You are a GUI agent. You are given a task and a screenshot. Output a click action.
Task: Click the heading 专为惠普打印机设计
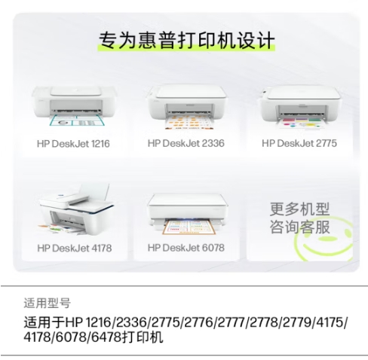pyautogui.click(x=186, y=40)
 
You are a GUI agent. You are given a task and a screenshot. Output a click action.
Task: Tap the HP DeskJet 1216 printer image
pyautogui.click(x=74, y=105)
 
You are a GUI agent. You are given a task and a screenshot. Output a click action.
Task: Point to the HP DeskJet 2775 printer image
pyautogui.click(x=300, y=108)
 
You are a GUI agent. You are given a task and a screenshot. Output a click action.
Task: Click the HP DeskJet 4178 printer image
pyautogui.click(x=75, y=209)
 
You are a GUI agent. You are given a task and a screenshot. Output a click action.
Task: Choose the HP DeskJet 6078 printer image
pyautogui.click(x=187, y=213)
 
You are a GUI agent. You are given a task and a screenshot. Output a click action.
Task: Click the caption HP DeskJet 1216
pyautogui.click(x=73, y=144)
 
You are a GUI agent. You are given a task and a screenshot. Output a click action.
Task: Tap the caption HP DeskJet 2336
pyautogui.click(x=186, y=143)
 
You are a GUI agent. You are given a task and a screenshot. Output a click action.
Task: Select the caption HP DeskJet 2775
pyautogui.click(x=299, y=143)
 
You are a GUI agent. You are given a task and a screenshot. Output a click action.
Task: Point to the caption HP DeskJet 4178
pyautogui.click(x=75, y=249)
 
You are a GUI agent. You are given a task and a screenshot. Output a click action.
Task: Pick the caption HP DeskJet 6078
pyautogui.click(x=186, y=248)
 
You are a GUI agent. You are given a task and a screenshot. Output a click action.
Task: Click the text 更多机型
pyautogui.click(x=299, y=209)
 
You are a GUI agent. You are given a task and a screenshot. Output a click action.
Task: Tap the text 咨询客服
pyautogui.click(x=299, y=227)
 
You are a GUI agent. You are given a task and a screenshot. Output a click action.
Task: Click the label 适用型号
pyautogui.click(x=47, y=303)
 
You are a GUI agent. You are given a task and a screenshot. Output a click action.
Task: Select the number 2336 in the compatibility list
pyautogui.click(x=131, y=322)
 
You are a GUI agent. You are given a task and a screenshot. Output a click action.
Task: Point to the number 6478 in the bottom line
pyautogui.click(x=106, y=337)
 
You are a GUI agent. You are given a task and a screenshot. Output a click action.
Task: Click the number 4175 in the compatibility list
pyautogui.click(x=329, y=322)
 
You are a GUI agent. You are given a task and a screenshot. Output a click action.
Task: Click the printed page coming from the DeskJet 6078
pyautogui.click(x=189, y=227)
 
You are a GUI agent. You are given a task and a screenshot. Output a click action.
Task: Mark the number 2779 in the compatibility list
pyautogui.click(x=296, y=322)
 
